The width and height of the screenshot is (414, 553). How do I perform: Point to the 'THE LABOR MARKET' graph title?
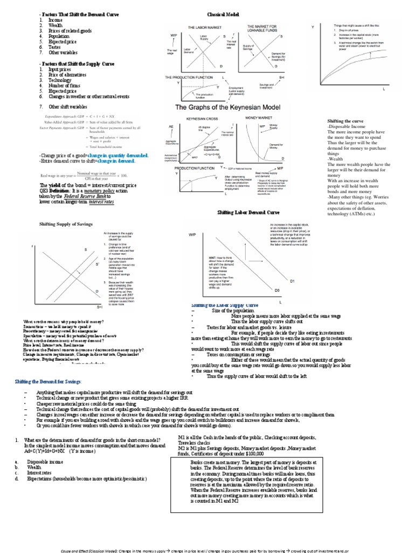[202, 27]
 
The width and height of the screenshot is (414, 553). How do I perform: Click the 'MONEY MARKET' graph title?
[259, 117]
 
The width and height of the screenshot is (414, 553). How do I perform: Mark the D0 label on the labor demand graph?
[278, 290]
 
